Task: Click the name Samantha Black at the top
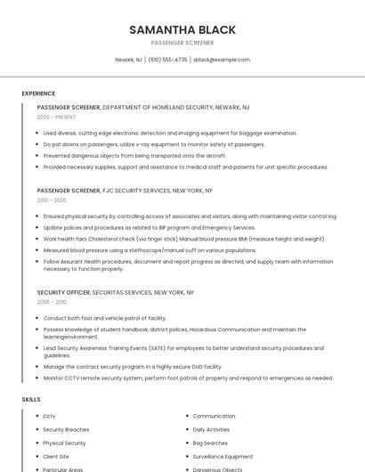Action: pyautogui.click(x=182, y=29)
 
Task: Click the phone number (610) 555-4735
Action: pyautogui.click(x=167, y=60)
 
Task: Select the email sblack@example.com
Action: pyautogui.click(x=222, y=60)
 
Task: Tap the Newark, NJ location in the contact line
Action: pyautogui.click(x=128, y=60)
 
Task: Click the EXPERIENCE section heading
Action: pyautogui.click(x=38, y=94)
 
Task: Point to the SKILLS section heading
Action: pyautogui.click(x=31, y=400)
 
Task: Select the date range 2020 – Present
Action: pyautogui.click(x=56, y=117)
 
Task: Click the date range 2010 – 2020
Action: pyautogui.click(x=52, y=200)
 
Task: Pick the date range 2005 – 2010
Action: pyautogui.click(x=52, y=302)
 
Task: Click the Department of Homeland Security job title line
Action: pyautogui.click(x=143, y=107)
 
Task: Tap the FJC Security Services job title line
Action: pyautogui.click(x=125, y=191)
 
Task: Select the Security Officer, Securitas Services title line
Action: pyautogui.click(x=116, y=292)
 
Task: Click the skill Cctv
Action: pyautogui.click(x=49, y=416)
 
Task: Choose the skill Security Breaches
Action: pyautogui.click(x=66, y=429)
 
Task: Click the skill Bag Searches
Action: pyautogui.click(x=210, y=443)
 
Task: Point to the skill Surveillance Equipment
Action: pyautogui.click(x=223, y=456)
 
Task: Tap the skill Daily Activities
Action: pyautogui.click(x=211, y=429)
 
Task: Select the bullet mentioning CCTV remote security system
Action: pyautogui.click(x=188, y=378)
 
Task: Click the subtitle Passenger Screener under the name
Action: pyautogui.click(x=182, y=43)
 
